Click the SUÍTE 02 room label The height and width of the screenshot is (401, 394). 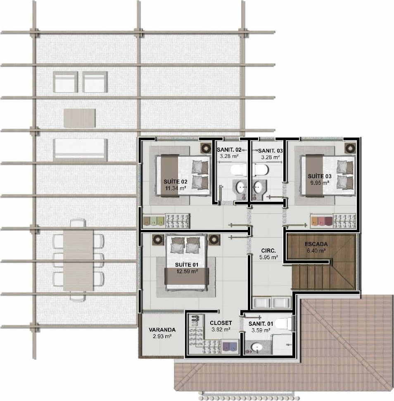click(176, 181)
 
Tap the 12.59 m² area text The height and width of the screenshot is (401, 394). click(187, 271)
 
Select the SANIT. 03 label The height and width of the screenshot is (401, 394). click(271, 150)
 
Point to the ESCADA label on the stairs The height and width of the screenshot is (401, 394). click(316, 244)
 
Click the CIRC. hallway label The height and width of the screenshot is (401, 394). click(268, 251)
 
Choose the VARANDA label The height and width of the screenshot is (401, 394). click(162, 329)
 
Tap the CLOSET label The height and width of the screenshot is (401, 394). click(221, 323)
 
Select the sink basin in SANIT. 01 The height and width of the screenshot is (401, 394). click(256, 347)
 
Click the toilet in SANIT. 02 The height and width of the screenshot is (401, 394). click(238, 170)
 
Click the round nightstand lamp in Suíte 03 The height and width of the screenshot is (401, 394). click(350, 148)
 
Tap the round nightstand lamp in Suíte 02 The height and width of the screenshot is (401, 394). click(205, 148)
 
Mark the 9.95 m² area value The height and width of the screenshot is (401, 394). click(320, 183)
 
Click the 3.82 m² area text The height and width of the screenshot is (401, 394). click(221, 329)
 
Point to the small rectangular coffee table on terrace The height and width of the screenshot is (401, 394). click(79, 118)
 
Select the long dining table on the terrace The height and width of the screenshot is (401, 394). click(78, 260)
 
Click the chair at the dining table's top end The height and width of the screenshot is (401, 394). click(78, 223)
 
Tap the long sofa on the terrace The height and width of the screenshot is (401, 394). click(80, 150)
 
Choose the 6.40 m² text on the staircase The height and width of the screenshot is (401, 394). click(316, 251)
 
